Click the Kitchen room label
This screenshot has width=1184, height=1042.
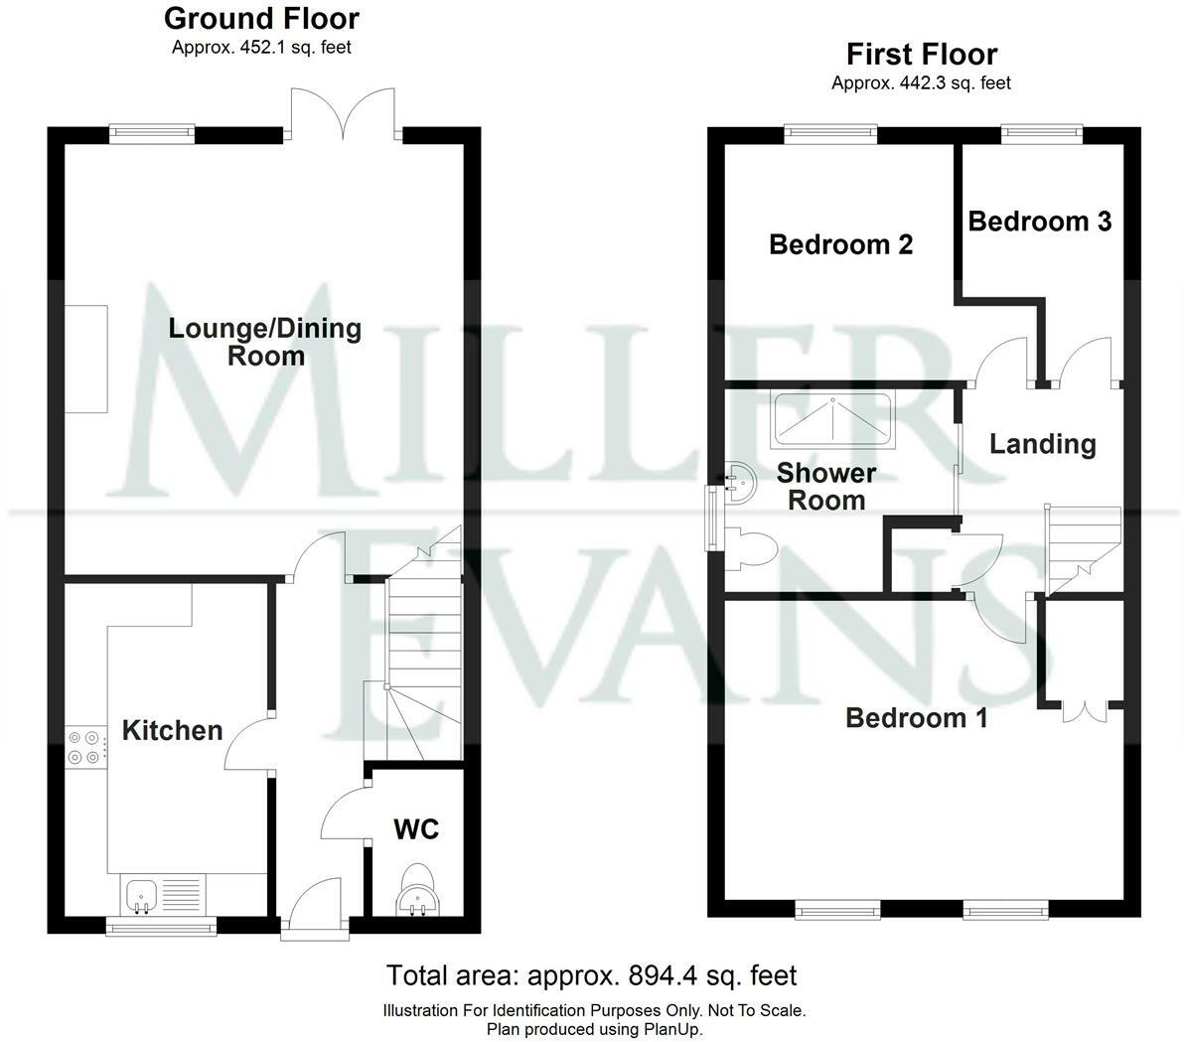pyautogui.click(x=172, y=730)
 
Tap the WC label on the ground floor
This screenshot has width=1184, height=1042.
pyautogui.click(x=416, y=829)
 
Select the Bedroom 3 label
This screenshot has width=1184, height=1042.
pyautogui.click(x=1040, y=222)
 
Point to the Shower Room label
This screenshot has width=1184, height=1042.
pyautogui.click(x=826, y=487)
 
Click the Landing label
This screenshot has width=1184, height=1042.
pyautogui.click(x=1043, y=444)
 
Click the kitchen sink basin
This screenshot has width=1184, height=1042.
pyautogui.click(x=141, y=896)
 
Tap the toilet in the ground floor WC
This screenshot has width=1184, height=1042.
pyautogui.click(x=417, y=889)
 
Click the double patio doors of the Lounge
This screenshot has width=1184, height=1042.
pyautogui.click(x=345, y=114)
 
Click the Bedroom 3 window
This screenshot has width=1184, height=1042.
pyautogui.click(x=1042, y=134)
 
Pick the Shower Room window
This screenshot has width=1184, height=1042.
pyautogui.click(x=710, y=518)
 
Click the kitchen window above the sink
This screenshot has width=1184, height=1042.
pyautogui.click(x=161, y=926)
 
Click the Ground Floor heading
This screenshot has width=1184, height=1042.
pyautogui.click(x=261, y=18)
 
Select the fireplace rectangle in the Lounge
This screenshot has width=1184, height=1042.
pyautogui.click(x=86, y=359)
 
